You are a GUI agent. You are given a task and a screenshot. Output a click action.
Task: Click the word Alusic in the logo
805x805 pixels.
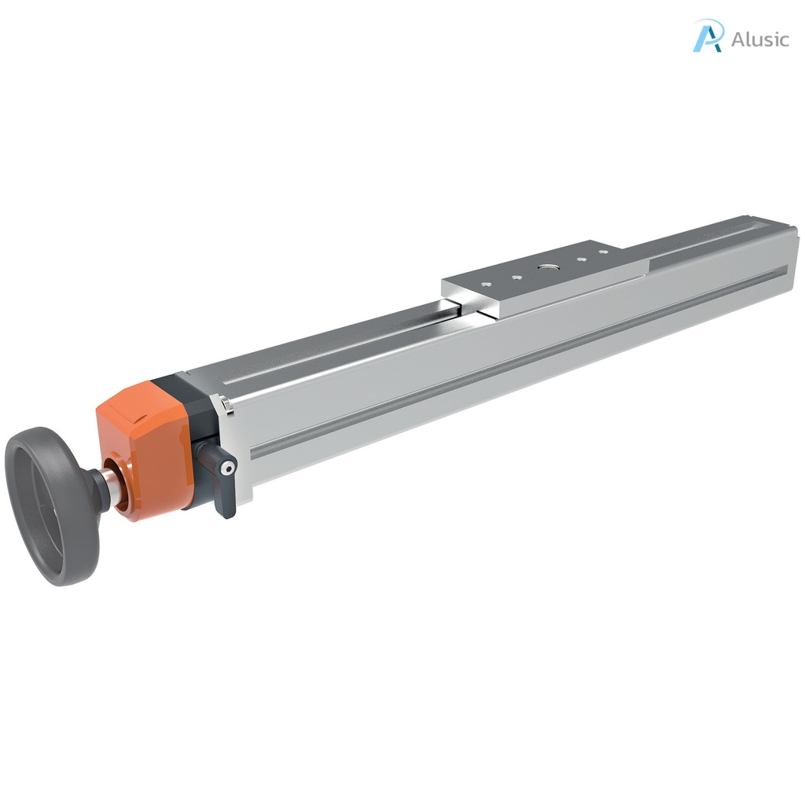759,39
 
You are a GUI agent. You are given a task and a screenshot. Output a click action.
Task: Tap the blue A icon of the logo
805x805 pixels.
708,36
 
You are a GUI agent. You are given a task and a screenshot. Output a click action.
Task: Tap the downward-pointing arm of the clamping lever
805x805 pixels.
226,499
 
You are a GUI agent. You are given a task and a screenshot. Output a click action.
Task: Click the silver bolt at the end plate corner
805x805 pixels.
226,406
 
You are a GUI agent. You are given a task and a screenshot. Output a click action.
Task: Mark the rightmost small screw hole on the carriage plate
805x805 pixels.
603,252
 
